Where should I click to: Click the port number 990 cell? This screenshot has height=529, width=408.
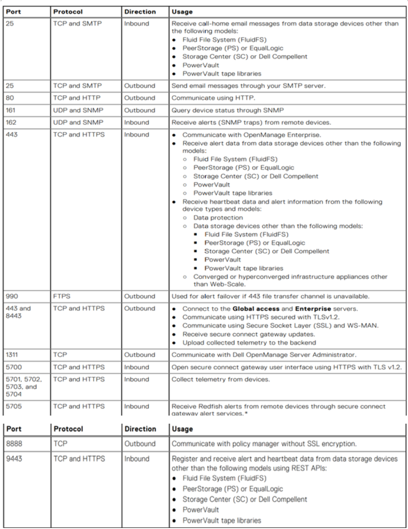12,296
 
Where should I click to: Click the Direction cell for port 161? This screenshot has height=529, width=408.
140,110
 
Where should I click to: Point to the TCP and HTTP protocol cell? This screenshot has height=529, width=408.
77,98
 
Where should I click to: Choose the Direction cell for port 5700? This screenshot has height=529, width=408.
136,367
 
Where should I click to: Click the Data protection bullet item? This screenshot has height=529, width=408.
218,217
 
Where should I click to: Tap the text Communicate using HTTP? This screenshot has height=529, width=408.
213,98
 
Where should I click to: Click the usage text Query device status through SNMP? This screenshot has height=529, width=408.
228,110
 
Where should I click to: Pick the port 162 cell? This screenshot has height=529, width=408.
12,122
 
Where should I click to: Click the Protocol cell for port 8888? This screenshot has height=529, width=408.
60,444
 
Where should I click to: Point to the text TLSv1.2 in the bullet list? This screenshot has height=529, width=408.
327,317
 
